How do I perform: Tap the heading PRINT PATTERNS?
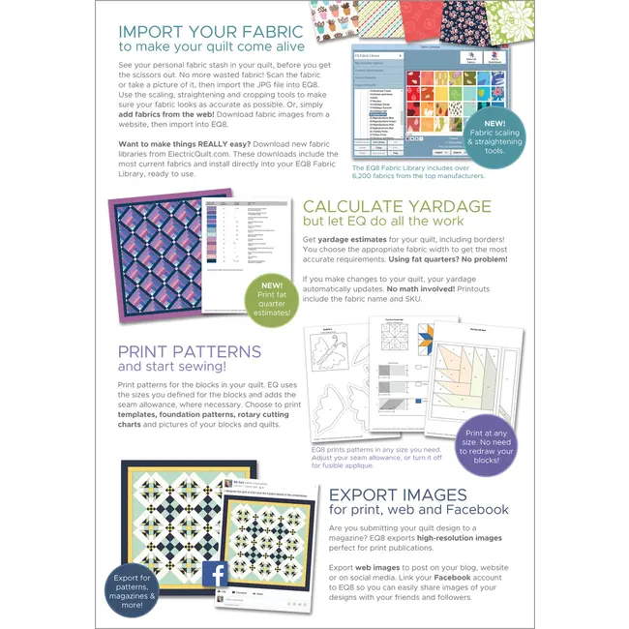(189, 352)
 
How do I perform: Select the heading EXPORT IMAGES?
(398, 494)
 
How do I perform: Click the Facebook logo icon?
(215, 575)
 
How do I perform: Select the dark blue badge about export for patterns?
(134, 590)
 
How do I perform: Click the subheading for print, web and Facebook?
(418, 509)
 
